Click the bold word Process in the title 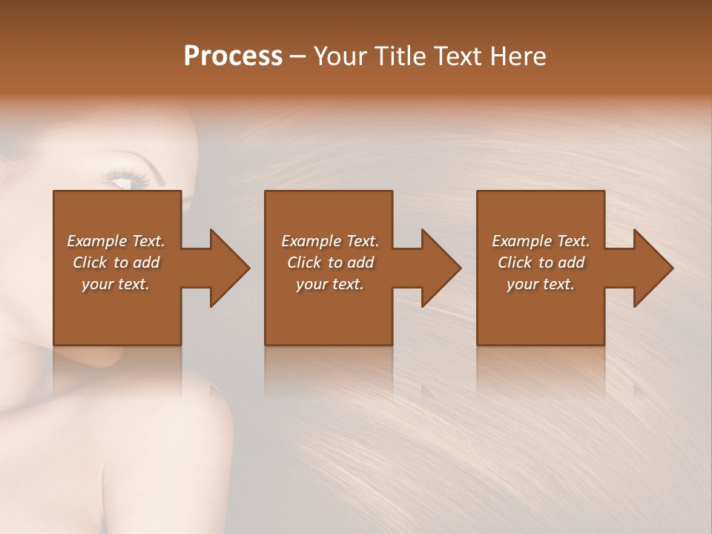pos(233,56)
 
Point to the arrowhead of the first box pos(226,268)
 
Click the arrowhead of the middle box pos(438,268)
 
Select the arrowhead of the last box pos(650,268)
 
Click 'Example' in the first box pos(96,241)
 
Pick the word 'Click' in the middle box pos(304,263)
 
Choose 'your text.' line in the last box pos(541,284)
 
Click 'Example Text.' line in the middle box pos(330,241)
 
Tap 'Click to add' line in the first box pos(116,263)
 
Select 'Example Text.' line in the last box pos(541,241)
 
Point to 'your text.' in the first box pos(116,284)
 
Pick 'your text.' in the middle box pos(330,284)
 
